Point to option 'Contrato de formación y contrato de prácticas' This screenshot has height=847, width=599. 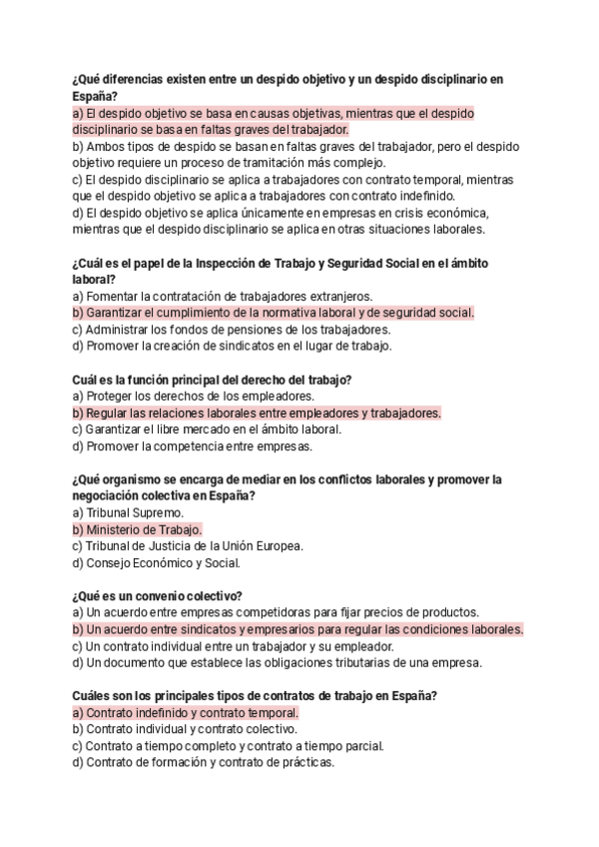[204, 762]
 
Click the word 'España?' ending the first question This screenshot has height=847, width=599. [95, 96]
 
